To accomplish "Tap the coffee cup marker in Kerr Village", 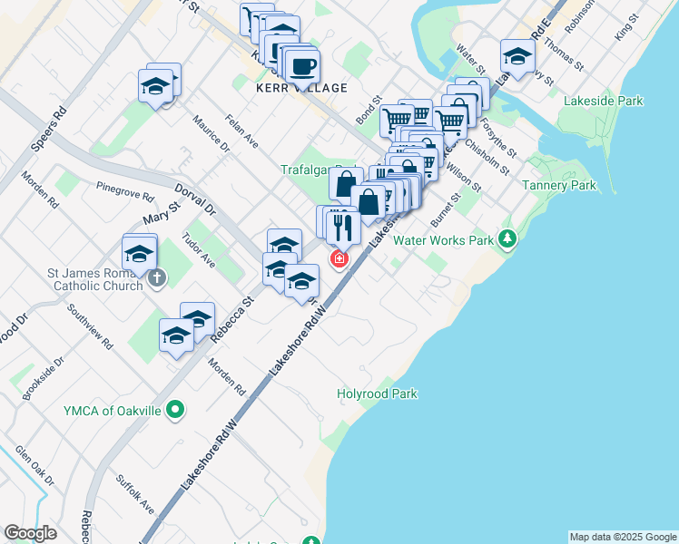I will [x=301, y=65].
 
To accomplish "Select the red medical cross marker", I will [x=339, y=260].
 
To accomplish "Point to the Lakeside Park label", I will [x=601, y=101].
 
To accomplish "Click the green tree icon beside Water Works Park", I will [x=507, y=240].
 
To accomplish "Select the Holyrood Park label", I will [x=377, y=394].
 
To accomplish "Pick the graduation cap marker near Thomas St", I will [x=517, y=57].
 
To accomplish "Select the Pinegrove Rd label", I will [x=125, y=188].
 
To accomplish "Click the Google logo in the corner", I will [x=30, y=533].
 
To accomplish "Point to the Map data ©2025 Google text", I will [x=623, y=537].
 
